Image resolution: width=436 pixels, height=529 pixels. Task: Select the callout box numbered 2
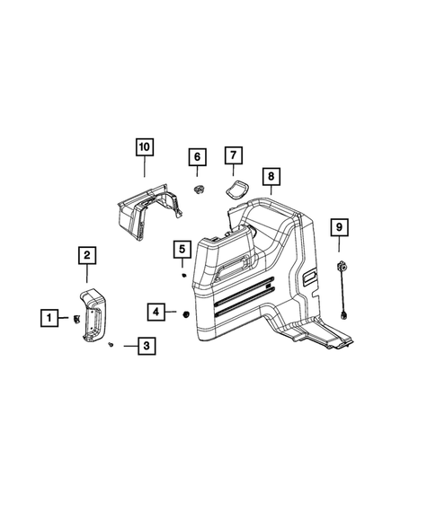click(86, 257)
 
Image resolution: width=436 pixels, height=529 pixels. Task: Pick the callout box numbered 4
click(156, 312)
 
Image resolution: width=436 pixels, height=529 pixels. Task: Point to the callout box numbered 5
click(181, 249)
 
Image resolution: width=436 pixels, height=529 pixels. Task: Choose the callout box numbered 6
click(196, 158)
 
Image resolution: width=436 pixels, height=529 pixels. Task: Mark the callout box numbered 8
click(271, 178)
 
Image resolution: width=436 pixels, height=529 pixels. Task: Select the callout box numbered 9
click(339, 228)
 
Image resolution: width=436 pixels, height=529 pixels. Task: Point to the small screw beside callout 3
click(109, 344)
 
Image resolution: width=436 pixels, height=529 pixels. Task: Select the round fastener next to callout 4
click(183, 313)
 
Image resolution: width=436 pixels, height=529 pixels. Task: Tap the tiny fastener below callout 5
click(182, 276)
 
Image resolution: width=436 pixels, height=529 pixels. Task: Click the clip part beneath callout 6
click(198, 189)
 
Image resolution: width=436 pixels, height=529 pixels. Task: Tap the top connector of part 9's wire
click(343, 267)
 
